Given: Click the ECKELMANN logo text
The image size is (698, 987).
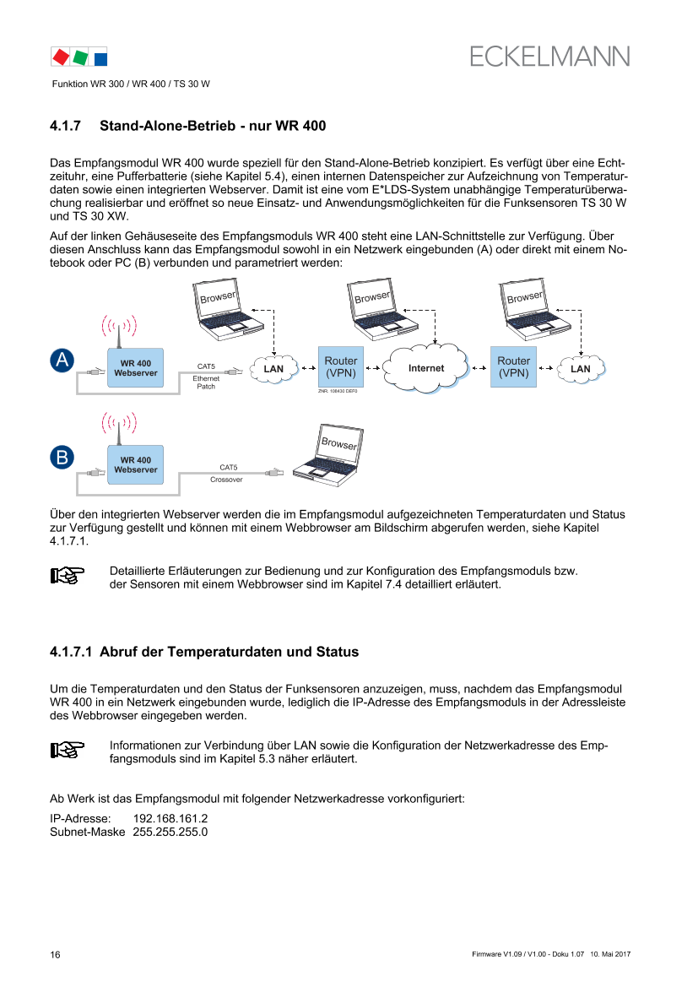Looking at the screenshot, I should (x=550, y=56).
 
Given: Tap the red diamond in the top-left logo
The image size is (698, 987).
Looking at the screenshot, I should (x=61, y=57).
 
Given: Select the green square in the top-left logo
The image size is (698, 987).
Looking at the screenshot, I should (x=80, y=58).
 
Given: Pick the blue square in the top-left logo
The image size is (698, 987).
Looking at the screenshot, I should (x=100, y=59).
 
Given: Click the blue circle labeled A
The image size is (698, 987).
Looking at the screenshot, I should (x=62, y=361).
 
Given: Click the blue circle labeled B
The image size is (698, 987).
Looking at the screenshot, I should (x=62, y=458).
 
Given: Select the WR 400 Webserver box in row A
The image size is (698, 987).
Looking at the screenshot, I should (x=136, y=368).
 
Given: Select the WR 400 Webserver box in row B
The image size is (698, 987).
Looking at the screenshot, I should (x=136, y=464).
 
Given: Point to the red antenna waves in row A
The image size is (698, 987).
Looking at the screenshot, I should (x=119, y=325).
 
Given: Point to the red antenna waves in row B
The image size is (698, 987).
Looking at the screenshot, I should (x=119, y=421).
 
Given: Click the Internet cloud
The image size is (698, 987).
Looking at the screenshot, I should (x=426, y=368).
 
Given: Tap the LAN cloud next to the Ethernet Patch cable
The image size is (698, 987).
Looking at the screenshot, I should (x=273, y=369).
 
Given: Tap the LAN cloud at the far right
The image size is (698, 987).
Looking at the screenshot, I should (x=581, y=369).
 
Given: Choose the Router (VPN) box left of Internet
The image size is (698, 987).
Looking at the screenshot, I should (x=341, y=366).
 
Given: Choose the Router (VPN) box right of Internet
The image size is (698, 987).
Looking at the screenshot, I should (x=514, y=366).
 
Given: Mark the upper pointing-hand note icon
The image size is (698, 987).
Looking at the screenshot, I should (x=68, y=577).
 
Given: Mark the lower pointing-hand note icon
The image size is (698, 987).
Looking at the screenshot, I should (x=68, y=749).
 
